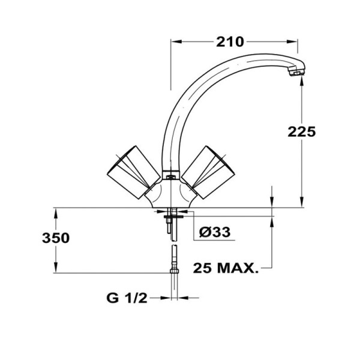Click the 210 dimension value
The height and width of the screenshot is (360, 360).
pos(230,42)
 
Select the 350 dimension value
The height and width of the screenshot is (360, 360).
pos(56,238)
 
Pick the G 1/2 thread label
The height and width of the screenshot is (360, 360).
pos(127,298)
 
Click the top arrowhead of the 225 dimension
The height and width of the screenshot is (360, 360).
pos(300,79)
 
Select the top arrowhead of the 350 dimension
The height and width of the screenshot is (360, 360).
pos(56,212)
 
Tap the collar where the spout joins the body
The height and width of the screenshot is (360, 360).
pos(172,176)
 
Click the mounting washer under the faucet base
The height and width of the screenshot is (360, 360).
pos(172,211)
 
